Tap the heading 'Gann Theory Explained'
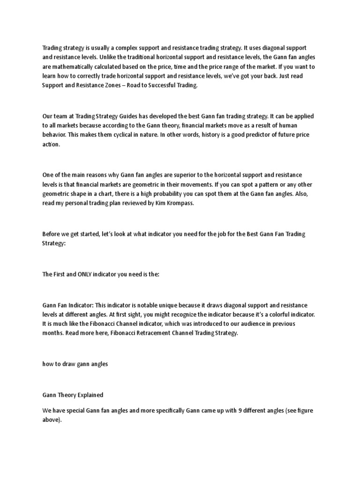coord(73,395)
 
